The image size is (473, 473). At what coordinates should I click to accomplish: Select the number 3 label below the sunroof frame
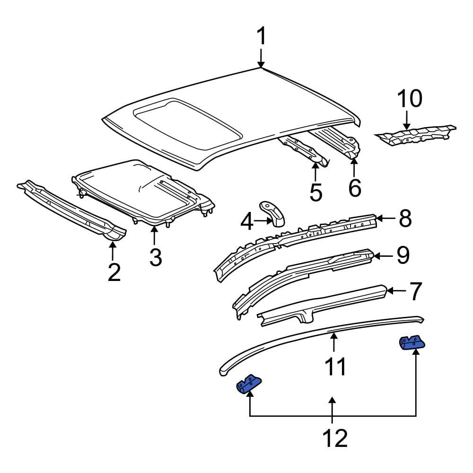coord(156,257)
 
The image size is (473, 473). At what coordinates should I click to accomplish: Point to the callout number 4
coord(247,221)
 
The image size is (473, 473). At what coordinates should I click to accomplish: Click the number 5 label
coord(316,192)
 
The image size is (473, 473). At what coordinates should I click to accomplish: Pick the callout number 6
coord(355,188)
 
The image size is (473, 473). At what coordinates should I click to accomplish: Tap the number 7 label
coord(414,292)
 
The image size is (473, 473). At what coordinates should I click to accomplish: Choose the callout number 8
coord(405,219)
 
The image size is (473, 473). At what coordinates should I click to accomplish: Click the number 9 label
coord(403,255)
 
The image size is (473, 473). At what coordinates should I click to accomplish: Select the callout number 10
coord(409,99)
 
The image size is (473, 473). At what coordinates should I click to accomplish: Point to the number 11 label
coord(335,367)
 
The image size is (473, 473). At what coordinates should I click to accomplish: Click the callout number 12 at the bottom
coord(334,438)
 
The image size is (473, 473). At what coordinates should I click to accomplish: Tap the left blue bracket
coord(249,384)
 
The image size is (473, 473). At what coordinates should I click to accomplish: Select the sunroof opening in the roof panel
coord(184,118)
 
